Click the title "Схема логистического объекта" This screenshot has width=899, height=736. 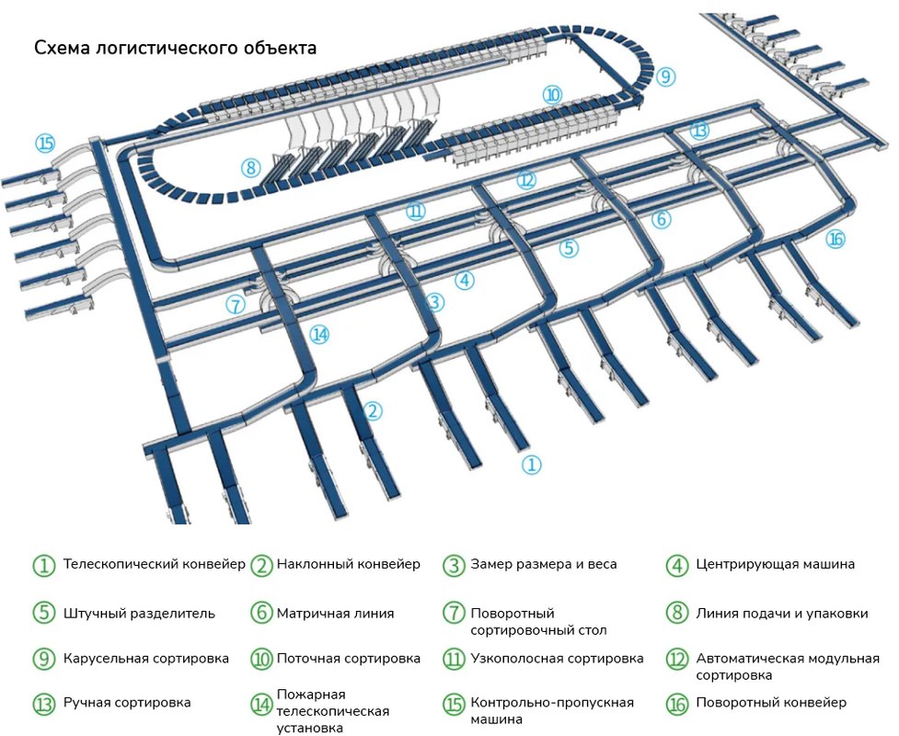pyautogui.click(x=175, y=48)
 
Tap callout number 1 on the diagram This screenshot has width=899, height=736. pyautogui.click(x=531, y=465)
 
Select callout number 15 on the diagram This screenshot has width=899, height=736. pyautogui.click(x=45, y=144)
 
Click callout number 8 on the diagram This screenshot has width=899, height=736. pyautogui.click(x=250, y=168)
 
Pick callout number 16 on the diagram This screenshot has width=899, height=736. pyautogui.click(x=835, y=239)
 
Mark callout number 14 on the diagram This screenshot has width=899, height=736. pyautogui.click(x=319, y=335)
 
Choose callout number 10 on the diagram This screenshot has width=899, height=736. pyautogui.click(x=552, y=94)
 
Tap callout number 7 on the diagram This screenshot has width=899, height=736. pyautogui.click(x=236, y=305)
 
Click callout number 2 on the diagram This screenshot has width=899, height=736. pyautogui.click(x=372, y=411)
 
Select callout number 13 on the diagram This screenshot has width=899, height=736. pyautogui.click(x=700, y=131)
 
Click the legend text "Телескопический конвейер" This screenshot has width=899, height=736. pyautogui.click(x=154, y=564)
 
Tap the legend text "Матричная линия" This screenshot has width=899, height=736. pyautogui.click(x=335, y=613)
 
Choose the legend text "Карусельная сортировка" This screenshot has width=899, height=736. pyautogui.click(x=145, y=659)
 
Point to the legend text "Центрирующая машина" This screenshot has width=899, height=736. pyautogui.click(x=775, y=564)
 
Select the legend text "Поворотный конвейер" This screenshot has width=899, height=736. pyautogui.click(x=770, y=703)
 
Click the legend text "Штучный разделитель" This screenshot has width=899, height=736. pyautogui.click(x=139, y=613)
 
